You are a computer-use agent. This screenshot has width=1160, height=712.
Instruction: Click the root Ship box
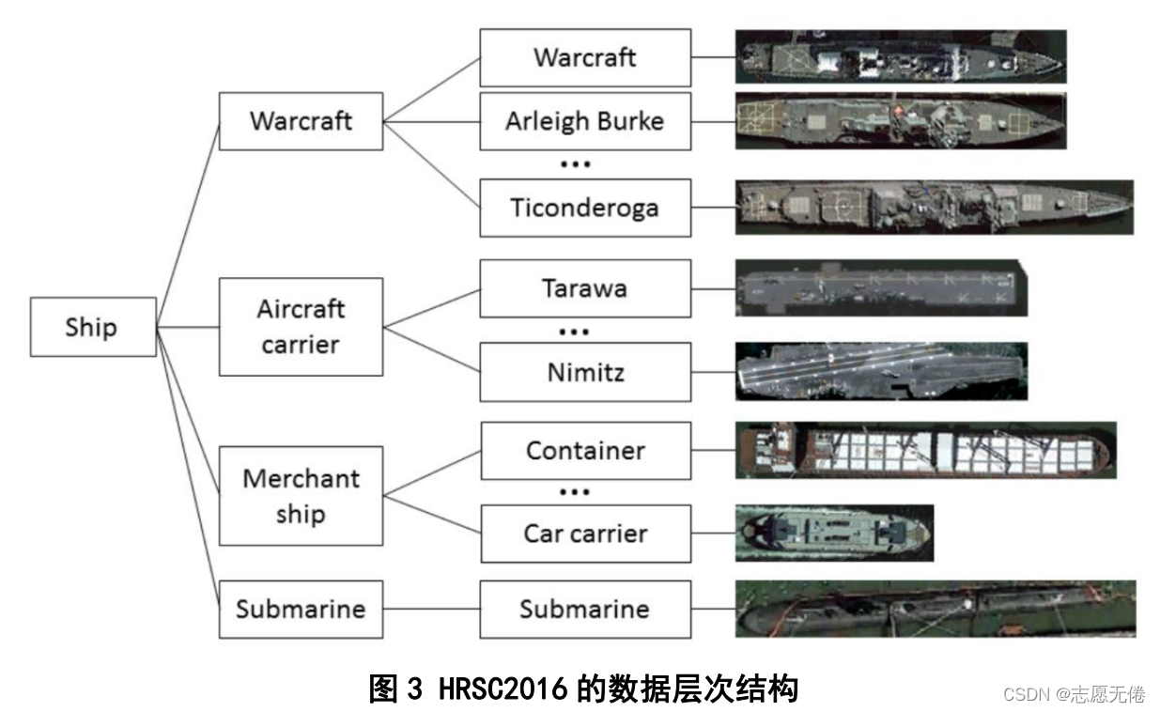[x=92, y=327]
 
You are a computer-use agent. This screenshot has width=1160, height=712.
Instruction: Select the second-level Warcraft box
[x=301, y=120]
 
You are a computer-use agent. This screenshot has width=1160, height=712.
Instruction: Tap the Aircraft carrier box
[x=301, y=326]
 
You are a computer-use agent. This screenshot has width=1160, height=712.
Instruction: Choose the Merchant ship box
[x=301, y=495]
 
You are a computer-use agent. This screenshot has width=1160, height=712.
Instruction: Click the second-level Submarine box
[x=301, y=609]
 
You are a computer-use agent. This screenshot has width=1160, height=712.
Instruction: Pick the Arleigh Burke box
[x=584, y=121]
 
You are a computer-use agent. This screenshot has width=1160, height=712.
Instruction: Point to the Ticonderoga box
[x=584, y=207]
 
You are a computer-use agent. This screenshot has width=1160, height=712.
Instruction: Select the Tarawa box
[x=584, y=288]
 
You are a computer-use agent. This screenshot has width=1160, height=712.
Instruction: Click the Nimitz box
[x=584, y=372]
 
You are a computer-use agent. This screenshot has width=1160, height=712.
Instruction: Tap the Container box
[x=584, y=450]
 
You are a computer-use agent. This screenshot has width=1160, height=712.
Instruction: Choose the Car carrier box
[x=584, y=534]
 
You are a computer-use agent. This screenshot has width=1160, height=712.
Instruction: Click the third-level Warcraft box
[x=584, y=57]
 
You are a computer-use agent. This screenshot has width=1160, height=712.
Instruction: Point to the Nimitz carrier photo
[x=881, y=371]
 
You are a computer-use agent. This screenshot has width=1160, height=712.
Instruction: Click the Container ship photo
[x=925, y=450]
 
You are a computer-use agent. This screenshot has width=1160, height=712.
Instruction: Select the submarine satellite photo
[x=935, y=609]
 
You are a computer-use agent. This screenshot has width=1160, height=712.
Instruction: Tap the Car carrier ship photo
[x=834, y=533]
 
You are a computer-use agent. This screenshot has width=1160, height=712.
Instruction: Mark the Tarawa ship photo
[x=881, y=288]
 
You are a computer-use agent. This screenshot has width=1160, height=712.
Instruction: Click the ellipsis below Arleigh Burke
[x=574, y=164]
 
